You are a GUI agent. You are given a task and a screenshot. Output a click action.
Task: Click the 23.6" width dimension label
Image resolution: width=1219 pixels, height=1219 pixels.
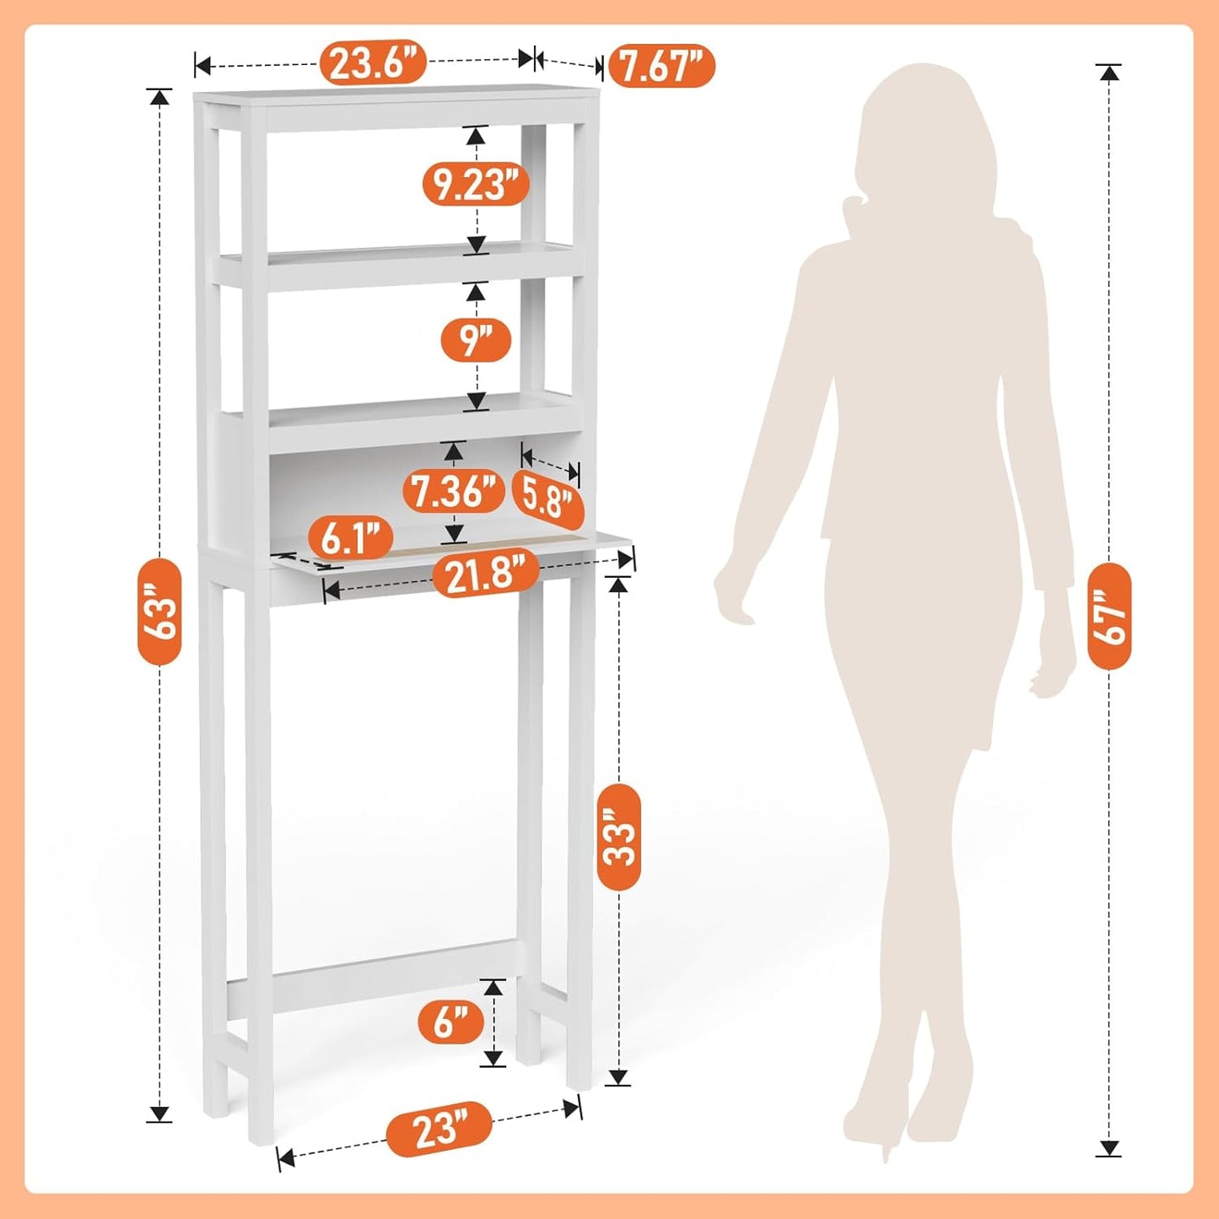pos(373,62)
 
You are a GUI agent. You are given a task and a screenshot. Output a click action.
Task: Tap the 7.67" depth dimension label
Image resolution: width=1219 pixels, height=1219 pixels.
pos(661,66)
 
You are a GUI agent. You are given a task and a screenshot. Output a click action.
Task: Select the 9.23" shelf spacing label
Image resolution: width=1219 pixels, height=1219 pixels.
pos(476,184)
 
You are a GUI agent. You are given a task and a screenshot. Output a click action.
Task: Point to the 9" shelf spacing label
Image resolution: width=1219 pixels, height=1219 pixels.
pos(476,340)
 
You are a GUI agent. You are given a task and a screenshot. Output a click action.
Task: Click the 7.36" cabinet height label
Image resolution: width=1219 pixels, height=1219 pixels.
pos(454,492)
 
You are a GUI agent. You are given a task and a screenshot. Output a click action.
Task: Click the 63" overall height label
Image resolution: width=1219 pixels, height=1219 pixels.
pos(159,611)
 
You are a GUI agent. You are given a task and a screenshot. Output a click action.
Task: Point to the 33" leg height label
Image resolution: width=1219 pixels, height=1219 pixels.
pos(619,837)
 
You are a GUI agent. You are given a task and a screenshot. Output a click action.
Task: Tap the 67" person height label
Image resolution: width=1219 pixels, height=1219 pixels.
pos(1109,616)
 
